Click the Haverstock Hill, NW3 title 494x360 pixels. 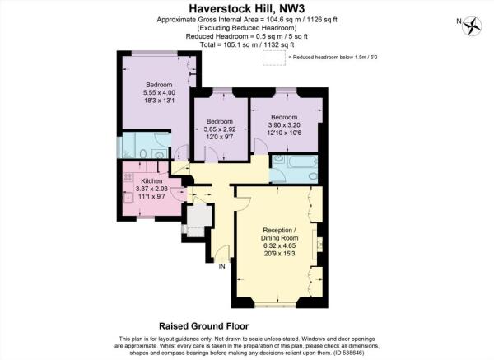247,8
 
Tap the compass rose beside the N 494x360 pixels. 472,26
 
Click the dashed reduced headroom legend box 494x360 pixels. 274,58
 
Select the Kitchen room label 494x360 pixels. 151,181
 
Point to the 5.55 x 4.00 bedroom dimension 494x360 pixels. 160,93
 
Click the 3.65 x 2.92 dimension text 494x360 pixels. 220,129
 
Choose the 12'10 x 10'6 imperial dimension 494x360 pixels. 284,133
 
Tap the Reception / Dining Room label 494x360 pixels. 279,234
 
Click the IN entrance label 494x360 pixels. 222,267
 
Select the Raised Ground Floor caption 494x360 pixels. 204,326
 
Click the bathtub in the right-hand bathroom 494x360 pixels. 301,162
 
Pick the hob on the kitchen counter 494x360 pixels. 128,177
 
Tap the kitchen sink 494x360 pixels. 128,198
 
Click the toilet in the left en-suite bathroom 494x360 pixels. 143,154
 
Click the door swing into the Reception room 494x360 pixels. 243,203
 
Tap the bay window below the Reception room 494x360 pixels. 275,305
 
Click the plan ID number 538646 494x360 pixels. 353,353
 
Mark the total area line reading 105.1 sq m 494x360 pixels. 247,44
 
